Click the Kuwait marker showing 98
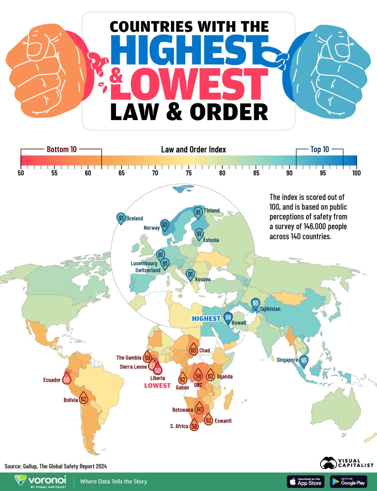click(228, 318)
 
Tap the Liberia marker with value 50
click(158, 370)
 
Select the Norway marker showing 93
click(165, 225)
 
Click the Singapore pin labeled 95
click(304, 361)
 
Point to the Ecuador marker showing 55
click(66, 380)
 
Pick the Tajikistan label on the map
click(270, 309)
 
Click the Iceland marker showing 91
click(121, 218)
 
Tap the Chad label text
click(204, 350)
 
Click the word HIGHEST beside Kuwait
click(206, 318)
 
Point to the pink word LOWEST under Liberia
click(157, 386)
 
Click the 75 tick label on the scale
click(188, 173)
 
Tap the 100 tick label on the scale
click(356, 173)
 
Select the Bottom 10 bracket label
click(62, 149)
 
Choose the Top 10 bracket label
click(319, 149)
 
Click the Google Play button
click(349, 481)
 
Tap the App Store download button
click(305, 481)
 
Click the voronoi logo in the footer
click(41, 481)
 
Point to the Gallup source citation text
click(56, 466)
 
